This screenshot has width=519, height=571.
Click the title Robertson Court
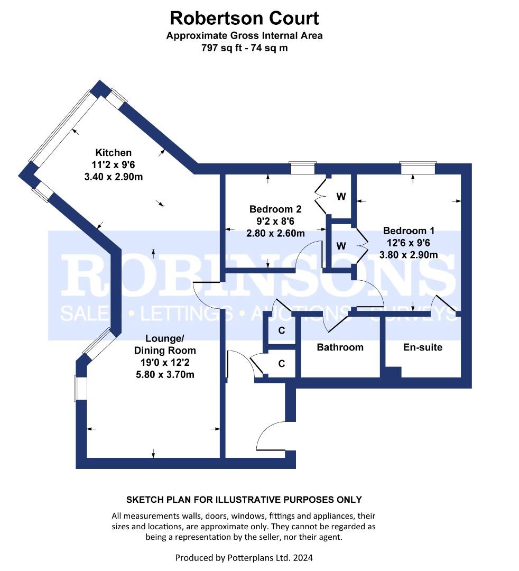pyautogui.click(x=244, y=18)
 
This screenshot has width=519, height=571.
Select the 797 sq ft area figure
pyautogui.click(x=221, y=48)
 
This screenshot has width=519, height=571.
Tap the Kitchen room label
pyautogui.click(x=113, y=153)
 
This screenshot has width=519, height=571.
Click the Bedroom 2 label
pyautogui.click(x=275, y=209)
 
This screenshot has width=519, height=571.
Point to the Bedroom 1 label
pyautogui.click(x=409, y=231)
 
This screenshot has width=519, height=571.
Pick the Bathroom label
pyautogui.click(x=340, y=347)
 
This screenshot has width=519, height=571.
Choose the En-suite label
pyautogui.click(x=423, y=347)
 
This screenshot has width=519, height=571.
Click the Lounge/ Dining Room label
pyautogui.click(x=165, y=345)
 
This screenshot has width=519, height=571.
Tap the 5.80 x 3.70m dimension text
pyautogui.click(x=165, y=374)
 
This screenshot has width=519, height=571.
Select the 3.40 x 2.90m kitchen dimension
pyautogui.click(x=113, y=177)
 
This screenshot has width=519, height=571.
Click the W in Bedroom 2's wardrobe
pyautogui.click(x=341, y=197)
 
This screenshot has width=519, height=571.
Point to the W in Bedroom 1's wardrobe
pyautogui.click(x=341, y=246)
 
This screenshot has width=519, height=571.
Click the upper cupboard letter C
pyautogui.click(x=281, y=330)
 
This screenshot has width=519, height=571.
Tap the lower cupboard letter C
pyautogui.click(x=281, y=363)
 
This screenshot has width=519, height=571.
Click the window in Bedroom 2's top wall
pyautogui.click(x=302, y=168)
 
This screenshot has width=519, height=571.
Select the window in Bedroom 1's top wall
pyautogui.click(x=418, y=168)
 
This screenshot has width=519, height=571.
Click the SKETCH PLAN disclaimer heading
pyautogui.click(x=244, y=500)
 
